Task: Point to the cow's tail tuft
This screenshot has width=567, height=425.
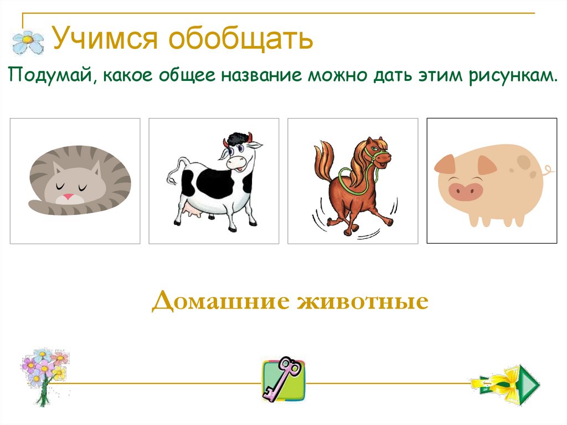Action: click(x=171, y=179)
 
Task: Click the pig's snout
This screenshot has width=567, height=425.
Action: click(x=466, y=192)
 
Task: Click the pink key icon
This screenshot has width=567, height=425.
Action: click(x=283, y=380)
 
